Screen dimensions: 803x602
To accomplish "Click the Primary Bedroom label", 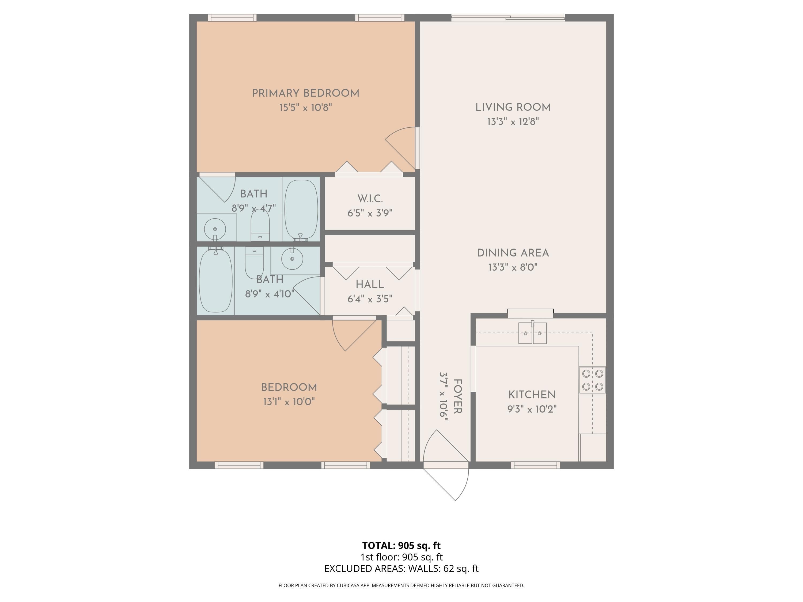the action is point(306,93).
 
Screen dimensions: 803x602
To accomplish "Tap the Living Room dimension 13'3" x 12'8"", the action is point(513,121).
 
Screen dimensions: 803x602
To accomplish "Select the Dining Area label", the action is point(513,253).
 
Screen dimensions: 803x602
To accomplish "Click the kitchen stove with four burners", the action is point(592,380).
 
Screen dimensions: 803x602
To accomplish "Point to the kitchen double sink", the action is point(532,333).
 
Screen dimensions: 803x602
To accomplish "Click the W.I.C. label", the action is point(370,199).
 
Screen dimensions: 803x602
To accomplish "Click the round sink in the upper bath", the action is point(215,229).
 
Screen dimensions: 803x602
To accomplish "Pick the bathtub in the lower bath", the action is point(216,279).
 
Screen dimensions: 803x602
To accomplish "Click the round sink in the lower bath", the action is point(292,259).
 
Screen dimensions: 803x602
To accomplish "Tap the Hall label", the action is point(370,284).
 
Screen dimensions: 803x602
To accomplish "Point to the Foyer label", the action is point(458,396).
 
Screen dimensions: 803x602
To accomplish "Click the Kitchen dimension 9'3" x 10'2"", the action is point(532,409).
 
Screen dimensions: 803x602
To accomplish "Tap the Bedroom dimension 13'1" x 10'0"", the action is point(289,402).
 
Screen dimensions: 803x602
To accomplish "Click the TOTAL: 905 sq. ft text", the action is point(401,545).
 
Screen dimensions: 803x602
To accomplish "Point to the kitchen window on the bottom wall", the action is point(535,465).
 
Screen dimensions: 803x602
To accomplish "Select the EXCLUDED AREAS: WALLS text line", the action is point(401,569).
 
